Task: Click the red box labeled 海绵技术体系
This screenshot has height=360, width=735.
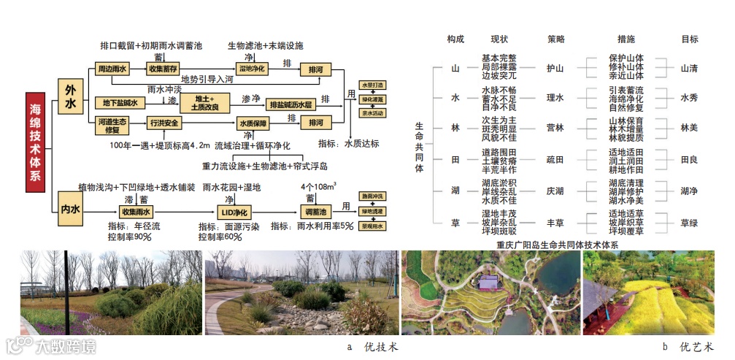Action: tap(36, 142)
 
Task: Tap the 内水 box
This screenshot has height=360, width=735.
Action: tap(70, 210)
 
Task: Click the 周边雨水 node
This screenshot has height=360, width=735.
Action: tap(112, 69)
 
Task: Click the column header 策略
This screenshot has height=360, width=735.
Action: tap(555, 39)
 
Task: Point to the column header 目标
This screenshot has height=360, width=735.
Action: tap(690, 39)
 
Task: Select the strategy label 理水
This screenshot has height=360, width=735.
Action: tap(555, 97)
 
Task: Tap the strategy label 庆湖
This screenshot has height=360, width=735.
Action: tap(555, 191)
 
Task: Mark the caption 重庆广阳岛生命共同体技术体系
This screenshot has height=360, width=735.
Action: tap(557, 245)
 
